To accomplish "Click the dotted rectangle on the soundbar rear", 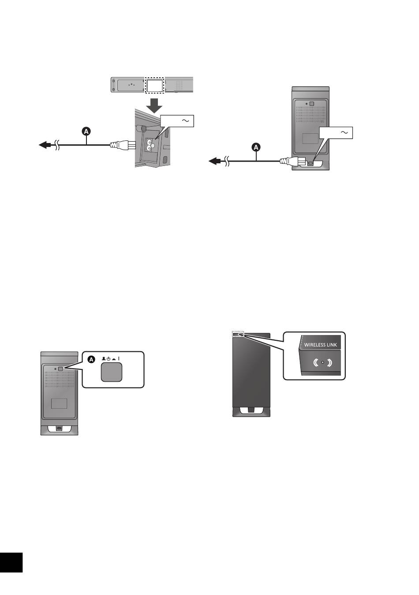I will point(154,85).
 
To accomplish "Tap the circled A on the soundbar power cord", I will point(86,131).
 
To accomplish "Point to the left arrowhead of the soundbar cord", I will point(43,144).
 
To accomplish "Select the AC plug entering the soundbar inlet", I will point(120,144).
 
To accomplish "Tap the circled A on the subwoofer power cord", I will point(256,147).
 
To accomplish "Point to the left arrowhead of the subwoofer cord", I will point(214,161).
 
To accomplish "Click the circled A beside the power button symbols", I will point(91,360).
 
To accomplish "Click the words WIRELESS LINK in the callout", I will point(321,345).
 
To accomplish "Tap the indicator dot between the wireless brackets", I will point(322,362).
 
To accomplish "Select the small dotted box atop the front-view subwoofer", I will point(238,334).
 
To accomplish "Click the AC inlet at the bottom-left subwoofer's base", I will point(59,428).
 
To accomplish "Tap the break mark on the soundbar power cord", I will point(56,144).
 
